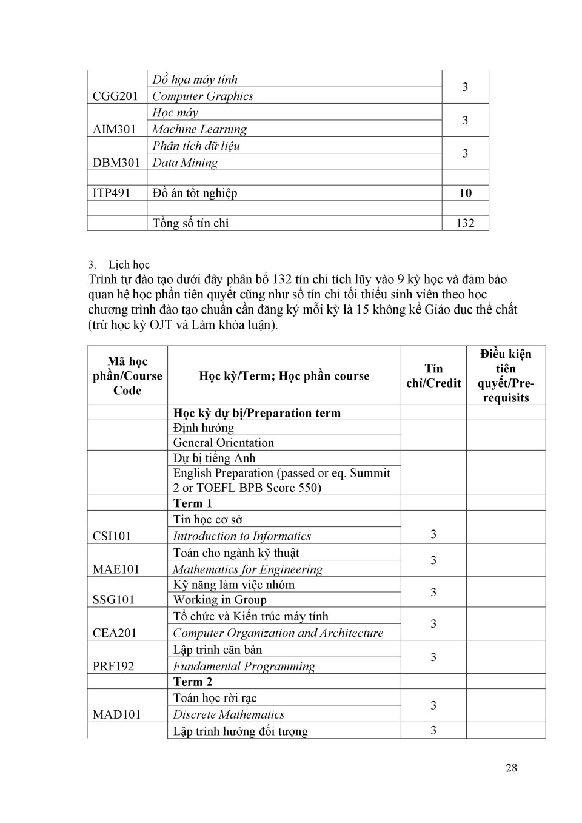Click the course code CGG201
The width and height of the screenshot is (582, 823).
tap(115, 96)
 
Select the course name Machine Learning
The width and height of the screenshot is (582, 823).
tap(199, 129)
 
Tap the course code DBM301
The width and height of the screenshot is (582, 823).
tap(116, 163)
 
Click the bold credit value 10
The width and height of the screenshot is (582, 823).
tap(465, 193)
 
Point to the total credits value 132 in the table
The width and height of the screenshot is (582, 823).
tap(465, 223)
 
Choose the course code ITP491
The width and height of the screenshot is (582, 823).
tap(112, 193)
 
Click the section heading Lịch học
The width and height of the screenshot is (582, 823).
tap(129, 264)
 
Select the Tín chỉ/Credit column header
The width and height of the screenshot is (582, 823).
tap(433, 376)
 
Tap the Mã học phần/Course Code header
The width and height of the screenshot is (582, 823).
tap(127, 376)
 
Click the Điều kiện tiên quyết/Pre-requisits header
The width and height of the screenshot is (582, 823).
tap(506, 376)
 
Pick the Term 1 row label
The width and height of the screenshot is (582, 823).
tap(192, 503)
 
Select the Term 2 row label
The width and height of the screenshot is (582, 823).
tap(192, 682)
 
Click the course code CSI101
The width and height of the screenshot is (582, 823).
tap(112, 536)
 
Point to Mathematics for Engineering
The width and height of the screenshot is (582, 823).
tap(247, 569)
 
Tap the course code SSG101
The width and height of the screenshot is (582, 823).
tap(113, 600)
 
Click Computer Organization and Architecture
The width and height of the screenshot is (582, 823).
tap(278, 633)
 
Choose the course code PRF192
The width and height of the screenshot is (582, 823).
tap(113, 666)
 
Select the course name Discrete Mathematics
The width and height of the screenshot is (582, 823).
tap(229, 714)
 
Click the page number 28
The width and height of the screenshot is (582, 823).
tap(511, 768)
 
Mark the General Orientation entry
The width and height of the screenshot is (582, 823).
tap(223, 443)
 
